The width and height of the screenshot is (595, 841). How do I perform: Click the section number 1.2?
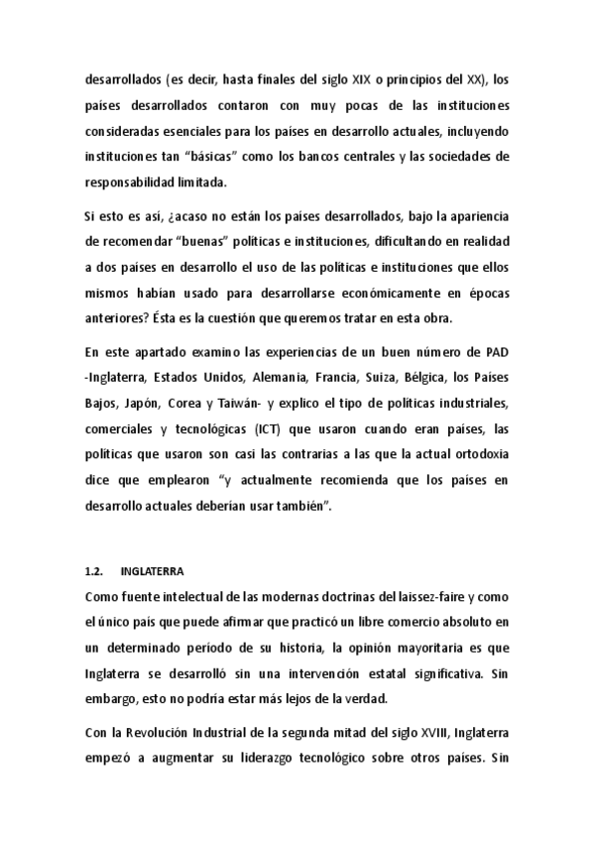(96, 571)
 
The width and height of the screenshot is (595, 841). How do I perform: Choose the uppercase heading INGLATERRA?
(152, 571)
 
